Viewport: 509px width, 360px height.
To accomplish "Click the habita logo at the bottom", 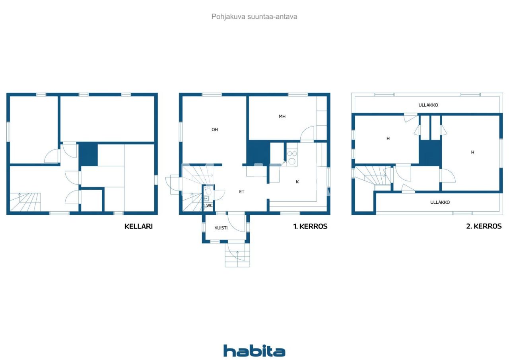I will [254, 351].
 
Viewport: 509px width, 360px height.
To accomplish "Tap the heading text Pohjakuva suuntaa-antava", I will [254, 17].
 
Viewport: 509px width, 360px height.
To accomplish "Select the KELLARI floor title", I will [138, 226].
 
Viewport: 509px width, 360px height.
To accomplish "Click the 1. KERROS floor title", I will [310, 226].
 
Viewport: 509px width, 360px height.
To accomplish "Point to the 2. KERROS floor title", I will [484, 226].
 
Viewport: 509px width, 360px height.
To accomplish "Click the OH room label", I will [215, 130].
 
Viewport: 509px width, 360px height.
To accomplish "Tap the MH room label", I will [282, 117].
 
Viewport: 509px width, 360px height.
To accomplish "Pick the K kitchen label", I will [297, 182].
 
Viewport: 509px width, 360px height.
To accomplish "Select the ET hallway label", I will [241, 192].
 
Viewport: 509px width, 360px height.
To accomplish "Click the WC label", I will [209, 206].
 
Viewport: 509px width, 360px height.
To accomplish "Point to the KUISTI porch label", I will [221, 228].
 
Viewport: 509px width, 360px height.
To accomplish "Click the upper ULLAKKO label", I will [428, 105].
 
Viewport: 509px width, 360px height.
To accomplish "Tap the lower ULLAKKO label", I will [440, 202].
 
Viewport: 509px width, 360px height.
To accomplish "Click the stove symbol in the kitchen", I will [292, 157].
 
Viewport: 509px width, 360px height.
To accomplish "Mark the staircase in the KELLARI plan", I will [25, 202].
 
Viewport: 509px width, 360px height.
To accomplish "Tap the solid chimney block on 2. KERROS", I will [430, 153].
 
